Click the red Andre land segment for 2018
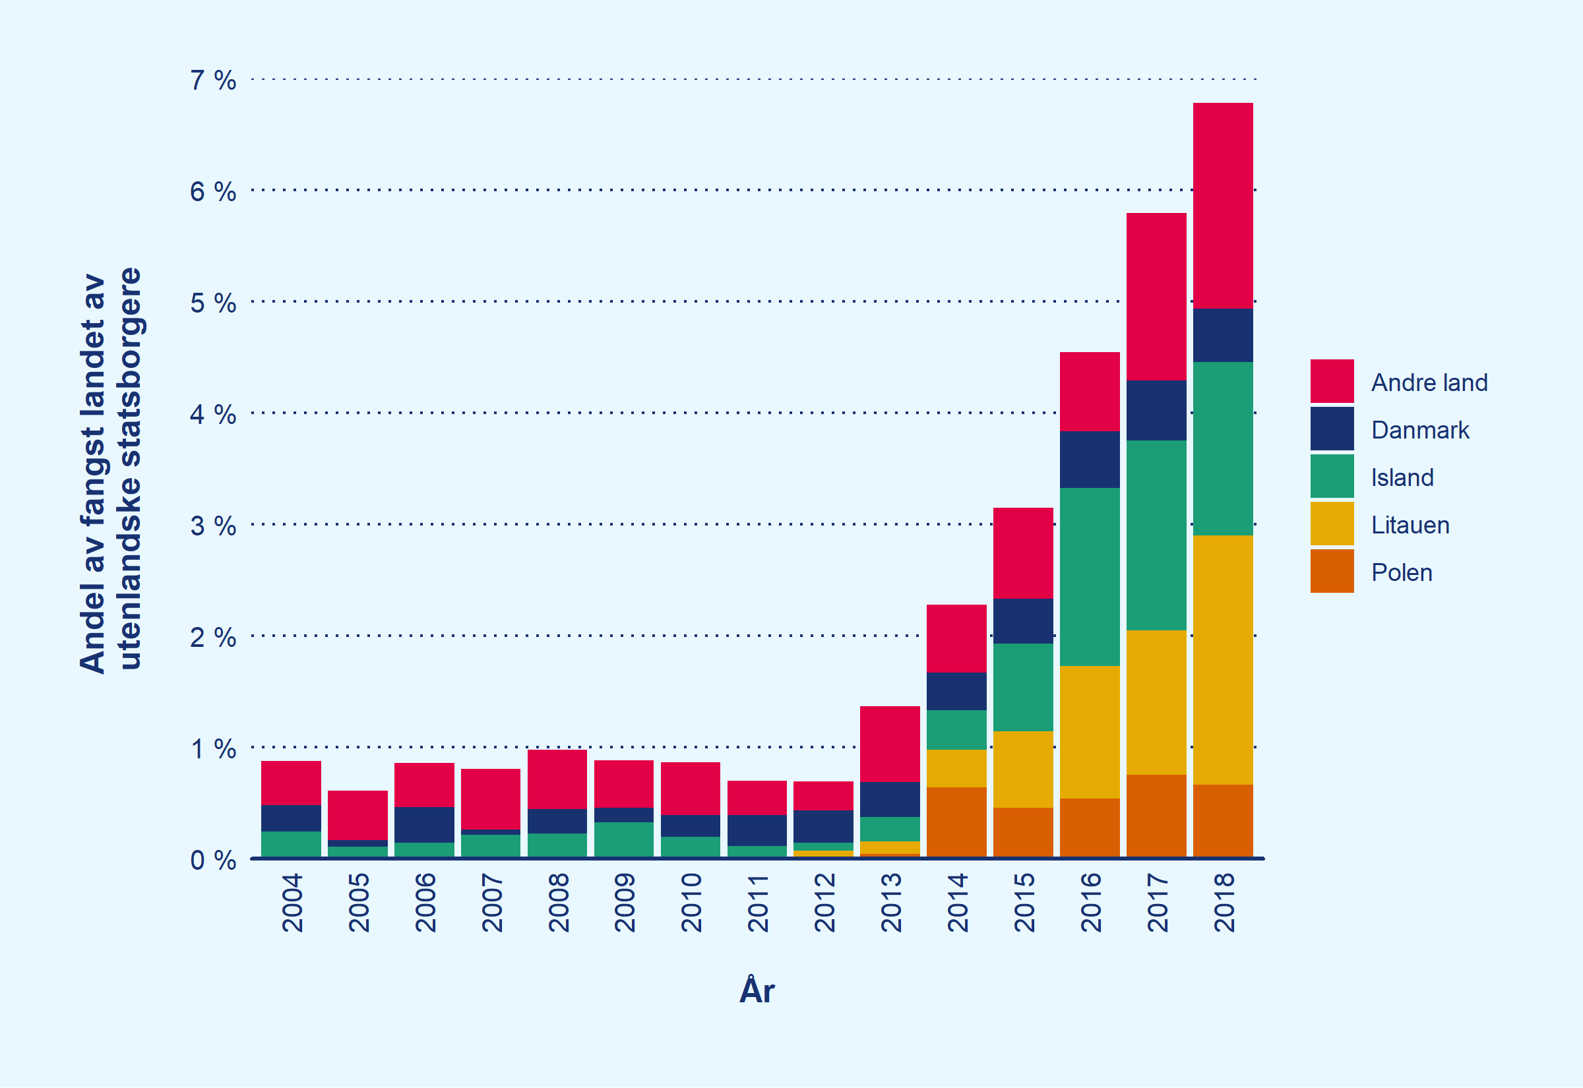[x=1222, y=205]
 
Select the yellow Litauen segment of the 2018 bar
[x=1222, y=660]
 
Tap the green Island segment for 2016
[x=1090, y=577]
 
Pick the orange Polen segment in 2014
[x=956, y=822]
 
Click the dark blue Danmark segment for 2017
[x=1156, y=410]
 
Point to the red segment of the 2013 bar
[x=890, y=744]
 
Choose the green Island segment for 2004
[x=291, y=844]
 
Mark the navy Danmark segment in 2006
[x=424, y=825]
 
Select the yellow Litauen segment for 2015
[x=1022, y=770]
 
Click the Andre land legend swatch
[x=1332, y=381]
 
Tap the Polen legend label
[x=1401, y=572]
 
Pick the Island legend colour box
[x=1332, y=477]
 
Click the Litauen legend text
[x=1410, y=525]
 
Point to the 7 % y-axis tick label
[x=212, y=80]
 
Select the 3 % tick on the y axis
[x=212, y=526]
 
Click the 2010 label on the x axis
[x=691, y=903]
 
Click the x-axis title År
[x=757, y=990]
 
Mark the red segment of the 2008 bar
[x=557, y=779]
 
